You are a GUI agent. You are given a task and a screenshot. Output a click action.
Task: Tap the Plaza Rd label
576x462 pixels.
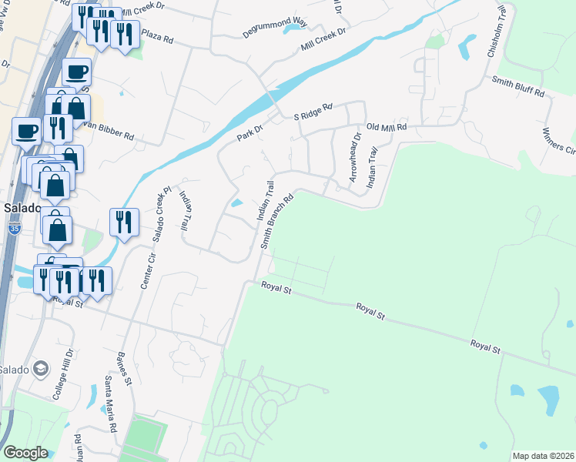157,36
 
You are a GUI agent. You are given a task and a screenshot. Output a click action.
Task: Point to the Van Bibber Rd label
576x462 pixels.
108,131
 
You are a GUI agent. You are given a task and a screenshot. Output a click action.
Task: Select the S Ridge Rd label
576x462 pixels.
313,112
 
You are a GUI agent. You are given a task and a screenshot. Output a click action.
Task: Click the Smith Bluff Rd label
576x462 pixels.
517,86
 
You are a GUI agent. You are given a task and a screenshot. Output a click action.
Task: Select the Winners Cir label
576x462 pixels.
560,142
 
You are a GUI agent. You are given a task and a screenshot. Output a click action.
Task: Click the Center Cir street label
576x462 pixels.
144,272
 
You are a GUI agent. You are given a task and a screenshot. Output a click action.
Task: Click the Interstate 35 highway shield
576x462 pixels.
16,229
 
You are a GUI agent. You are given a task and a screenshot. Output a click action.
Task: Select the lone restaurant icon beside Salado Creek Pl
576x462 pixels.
124,223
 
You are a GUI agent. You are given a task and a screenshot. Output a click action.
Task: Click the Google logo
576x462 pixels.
25,453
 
